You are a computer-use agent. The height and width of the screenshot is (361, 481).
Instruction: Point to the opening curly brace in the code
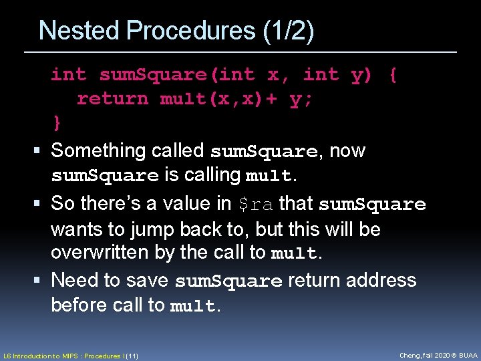tap(393, 75)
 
